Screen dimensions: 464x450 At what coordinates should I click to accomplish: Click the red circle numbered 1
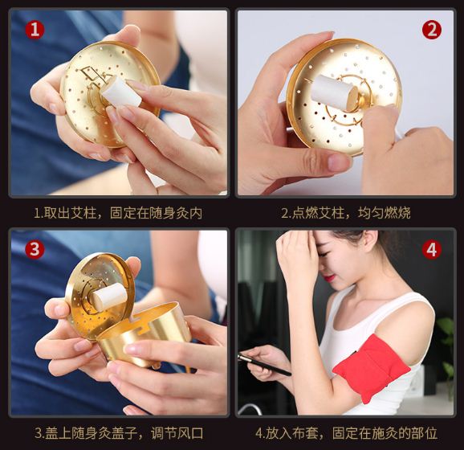click(35, 30)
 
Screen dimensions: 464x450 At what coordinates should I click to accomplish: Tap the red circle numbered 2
click(432, 30)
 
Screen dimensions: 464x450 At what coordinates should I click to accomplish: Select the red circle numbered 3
click(35, 249)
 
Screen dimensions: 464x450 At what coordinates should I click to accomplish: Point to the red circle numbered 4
click(432, 249)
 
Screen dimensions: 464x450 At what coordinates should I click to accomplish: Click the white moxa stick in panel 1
click(121, 92)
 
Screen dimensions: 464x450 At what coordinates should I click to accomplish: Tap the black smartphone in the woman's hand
click(264, 365)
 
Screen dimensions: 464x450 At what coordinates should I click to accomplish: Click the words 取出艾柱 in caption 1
click(70, 213)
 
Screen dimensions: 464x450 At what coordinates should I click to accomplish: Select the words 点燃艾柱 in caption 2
click(318, 213)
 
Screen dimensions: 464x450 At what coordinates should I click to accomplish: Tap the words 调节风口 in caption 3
click(177, 433)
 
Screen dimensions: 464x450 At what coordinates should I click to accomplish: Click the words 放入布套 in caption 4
click(291, 433)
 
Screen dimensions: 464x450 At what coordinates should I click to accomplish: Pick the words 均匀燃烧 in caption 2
click(384, 213)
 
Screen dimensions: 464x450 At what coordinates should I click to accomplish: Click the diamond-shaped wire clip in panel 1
click(91, 73)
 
